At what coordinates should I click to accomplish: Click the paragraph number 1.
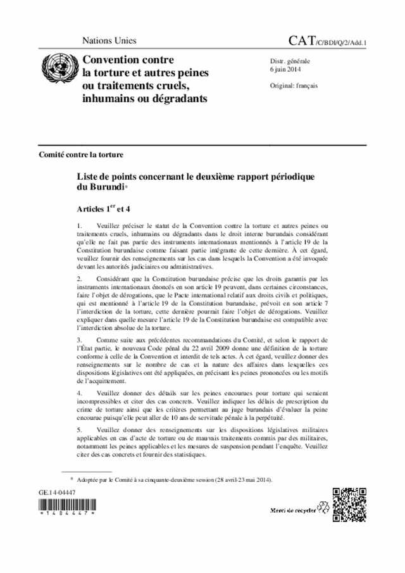click(79, 225)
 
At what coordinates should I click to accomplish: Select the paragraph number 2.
click(79, 279)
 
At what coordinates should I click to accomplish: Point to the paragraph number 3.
click(79, 341)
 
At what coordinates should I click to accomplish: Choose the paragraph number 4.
click(79, 394)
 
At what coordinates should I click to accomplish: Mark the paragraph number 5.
click(79, 431)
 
